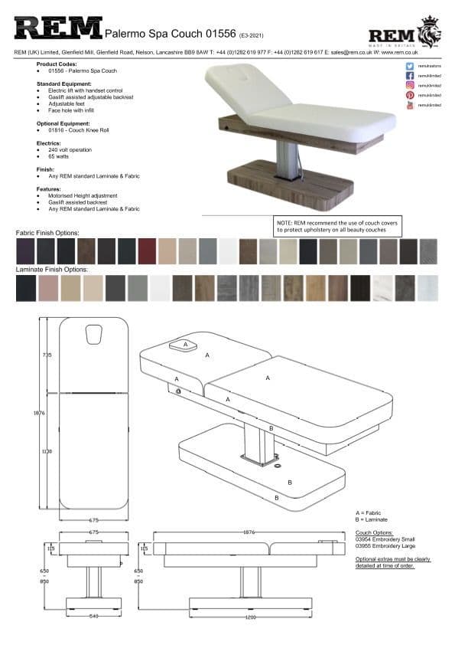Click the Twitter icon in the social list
click(x=410, y=67)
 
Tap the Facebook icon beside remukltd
click(x=410, y=77)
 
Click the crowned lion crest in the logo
click(x=431, y=32)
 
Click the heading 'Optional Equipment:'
click(x=63, y=123)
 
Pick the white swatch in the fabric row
click(x=228, y=251)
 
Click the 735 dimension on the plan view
click(x=47, y=355)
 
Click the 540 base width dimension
click(x=94, y=616)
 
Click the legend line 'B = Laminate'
click(x=372, y=519)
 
